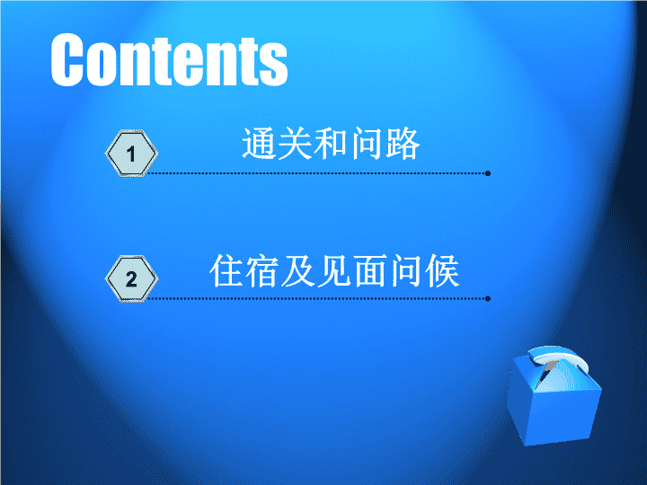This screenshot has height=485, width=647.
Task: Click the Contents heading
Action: (x=169, y=60)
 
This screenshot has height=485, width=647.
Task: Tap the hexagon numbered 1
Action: (x=131, y=154)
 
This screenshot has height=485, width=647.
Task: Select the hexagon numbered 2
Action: (x=131, y=278)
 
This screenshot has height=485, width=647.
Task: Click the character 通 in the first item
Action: (x=259, y=144)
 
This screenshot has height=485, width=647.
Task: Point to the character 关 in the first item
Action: (x=295, y=144)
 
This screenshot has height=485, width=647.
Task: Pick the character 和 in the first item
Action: (x=331, y=144)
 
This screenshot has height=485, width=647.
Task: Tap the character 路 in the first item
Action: (x=403, y=144)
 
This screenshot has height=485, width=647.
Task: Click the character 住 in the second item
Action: (x=226, y=271)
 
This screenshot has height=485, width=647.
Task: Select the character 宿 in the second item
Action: (x=262, y=271)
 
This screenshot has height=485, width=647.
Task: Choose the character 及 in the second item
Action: (x=298, y=271)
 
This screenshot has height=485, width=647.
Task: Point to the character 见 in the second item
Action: (x=334, y=271)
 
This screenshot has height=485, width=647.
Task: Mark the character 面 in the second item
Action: (x=370, y=271)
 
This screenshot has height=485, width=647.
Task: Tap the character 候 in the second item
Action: (x=442, y=271)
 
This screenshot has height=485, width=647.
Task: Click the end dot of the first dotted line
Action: (x=488, y=173)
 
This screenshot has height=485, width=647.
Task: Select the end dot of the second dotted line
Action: (x=488, y=298)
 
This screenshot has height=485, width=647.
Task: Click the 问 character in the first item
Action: (x=367, y=144)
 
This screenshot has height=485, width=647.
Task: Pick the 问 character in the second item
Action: (x=406, y=271)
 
